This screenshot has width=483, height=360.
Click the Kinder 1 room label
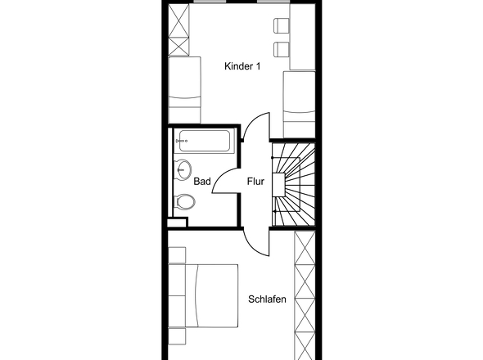coord(242,66)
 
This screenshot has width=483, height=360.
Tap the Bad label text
coord(202,182)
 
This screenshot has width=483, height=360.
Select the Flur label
coord(255,182)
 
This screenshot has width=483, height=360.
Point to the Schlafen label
coord(267,299)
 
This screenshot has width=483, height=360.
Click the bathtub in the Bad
coord(204,141)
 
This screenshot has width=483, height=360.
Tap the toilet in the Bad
coord(184,202)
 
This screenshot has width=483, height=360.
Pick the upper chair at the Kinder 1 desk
coord(282,25)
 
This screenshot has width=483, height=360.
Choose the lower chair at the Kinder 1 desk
coord(282,49)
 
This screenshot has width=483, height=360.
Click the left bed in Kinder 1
coord(184,90)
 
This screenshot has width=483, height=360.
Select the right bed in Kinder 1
coord(300,105)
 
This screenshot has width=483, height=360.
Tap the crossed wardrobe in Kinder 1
coord(178,29)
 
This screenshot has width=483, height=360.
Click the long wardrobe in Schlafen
coord(305,295)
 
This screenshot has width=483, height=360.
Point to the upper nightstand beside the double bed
coord(177,255)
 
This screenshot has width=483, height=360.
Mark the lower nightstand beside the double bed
coord(177,336)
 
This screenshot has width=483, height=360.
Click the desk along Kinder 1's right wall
coord(303,37)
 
